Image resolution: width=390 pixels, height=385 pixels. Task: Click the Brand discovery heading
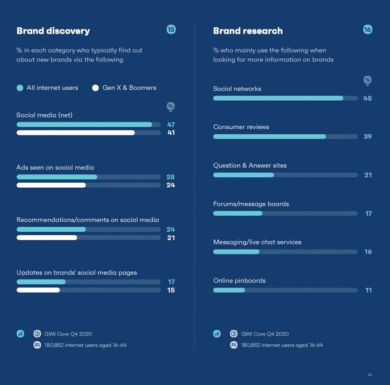click(53, 31)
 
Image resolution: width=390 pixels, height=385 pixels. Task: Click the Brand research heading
click(247, 31)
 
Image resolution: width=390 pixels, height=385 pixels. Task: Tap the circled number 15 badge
click(171, 30)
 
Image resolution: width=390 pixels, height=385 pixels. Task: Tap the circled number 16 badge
click(367, 30)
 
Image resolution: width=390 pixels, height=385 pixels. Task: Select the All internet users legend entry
click(47, 88)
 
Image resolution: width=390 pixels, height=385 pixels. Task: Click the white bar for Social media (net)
click(76, 133)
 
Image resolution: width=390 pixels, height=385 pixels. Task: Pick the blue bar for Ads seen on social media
click(57, 177)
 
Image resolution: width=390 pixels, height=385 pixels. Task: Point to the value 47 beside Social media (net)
click(171, 125)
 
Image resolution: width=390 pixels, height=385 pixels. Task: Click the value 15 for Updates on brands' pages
click(171, 290)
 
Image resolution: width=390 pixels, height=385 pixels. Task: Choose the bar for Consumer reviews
click(269, 137)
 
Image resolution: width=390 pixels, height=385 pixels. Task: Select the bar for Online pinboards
click(229, 290)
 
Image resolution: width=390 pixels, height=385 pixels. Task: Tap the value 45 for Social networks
click(367, 99)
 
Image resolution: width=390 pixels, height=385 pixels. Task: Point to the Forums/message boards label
click(251, 204)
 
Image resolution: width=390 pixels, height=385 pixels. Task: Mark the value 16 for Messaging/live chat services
click(368, 252)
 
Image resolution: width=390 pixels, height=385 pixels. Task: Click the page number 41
click(370, 374)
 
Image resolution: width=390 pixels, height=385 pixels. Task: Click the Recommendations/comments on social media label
click(87, 220)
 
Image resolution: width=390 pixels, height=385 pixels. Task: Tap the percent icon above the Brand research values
click(367, 81)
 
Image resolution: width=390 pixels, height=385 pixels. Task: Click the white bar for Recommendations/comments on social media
click(47, 237)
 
